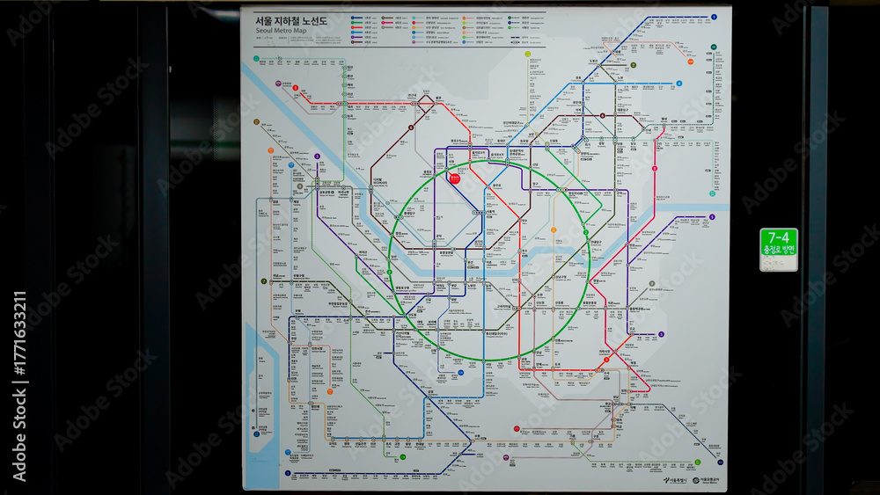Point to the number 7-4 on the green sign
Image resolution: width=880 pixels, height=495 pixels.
click(778, 237)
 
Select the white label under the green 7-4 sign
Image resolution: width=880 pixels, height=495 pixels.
click(778, 262)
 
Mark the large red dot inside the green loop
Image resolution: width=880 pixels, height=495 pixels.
click(455, 178)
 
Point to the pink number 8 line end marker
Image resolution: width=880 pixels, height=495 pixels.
click(655, 168)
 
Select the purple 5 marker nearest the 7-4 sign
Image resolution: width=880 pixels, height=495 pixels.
click(660, 334)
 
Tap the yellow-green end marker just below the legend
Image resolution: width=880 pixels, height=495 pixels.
click(528, 54)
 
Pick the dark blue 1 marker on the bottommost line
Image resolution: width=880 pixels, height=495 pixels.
click(288, 474)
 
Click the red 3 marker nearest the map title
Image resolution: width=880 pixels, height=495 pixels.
click(296, 88)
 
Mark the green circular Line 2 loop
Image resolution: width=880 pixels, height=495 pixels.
click(389, 264)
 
